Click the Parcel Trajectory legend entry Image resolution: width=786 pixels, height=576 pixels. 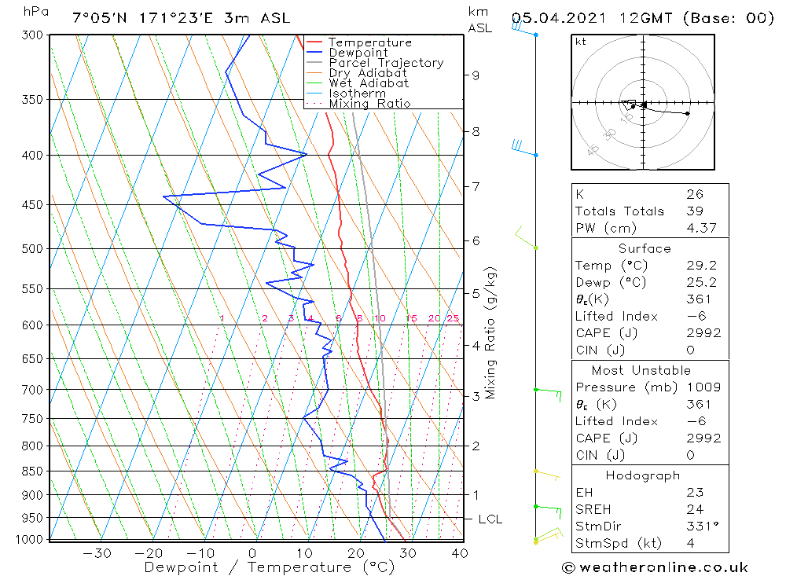[386, 63]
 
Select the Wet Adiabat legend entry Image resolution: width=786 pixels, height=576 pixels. [369, 83]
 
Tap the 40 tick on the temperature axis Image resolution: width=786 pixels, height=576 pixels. [460, 553]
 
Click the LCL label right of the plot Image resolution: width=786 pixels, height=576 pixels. [490, 519]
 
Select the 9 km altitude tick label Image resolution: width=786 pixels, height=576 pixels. [476, 75]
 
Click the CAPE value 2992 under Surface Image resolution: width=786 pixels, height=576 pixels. [703, 333]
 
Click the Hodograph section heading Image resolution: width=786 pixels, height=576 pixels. [642, 475]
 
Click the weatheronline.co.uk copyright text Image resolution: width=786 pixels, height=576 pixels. [655, 567]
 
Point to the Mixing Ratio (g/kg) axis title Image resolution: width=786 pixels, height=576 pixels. [491, 333]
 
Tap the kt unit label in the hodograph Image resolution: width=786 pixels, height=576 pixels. [581, 42]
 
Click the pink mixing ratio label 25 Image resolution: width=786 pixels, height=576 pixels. [453, 318]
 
